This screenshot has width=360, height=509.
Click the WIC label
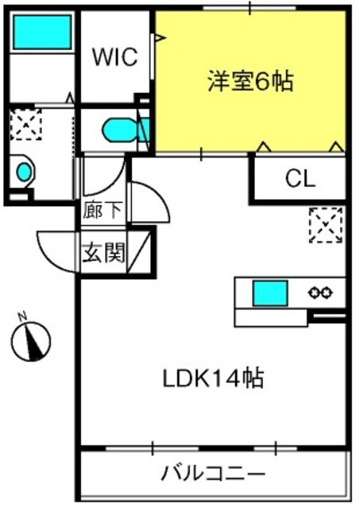(x=115, y=57)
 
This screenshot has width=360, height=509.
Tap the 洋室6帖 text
(x=250, y=81)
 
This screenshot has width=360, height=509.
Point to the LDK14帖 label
(x=213, y=378)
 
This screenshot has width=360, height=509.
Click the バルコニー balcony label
(x=213, y=474)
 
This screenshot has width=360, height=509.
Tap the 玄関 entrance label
(x=103, y=253)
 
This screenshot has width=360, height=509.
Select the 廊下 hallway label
(x=103, y=210)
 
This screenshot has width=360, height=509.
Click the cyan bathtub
(x=42, y=32)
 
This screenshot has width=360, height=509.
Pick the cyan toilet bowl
(x=119, y=130)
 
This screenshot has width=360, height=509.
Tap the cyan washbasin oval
(x=25, y=172)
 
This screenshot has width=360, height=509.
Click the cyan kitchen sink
(x=270, y=293)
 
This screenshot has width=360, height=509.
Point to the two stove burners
(x=320, y=293)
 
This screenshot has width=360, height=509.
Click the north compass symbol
(x=31, y=341)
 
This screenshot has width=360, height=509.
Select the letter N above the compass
(x=22, y=317)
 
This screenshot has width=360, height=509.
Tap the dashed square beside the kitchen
(x=326, y=225)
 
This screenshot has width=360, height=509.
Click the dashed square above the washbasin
(x=25, y=125)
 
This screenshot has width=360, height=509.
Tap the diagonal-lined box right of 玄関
(x=139, y=252)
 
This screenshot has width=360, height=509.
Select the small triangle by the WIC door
(x=159, y=38)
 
